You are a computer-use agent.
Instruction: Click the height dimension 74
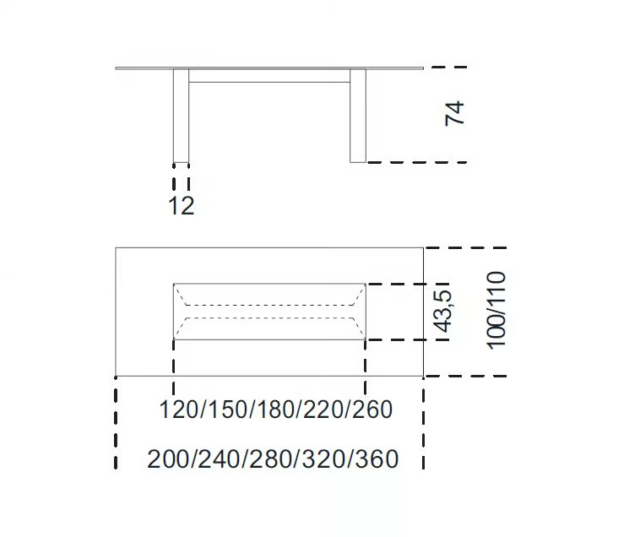454,113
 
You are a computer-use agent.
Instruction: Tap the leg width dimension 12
182,205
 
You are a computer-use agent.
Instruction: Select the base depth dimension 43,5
443,311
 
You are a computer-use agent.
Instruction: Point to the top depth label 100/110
496,311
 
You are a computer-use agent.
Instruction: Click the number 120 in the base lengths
179,410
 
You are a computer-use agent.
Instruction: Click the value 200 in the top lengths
168,458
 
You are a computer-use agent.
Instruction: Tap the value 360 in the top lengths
377,458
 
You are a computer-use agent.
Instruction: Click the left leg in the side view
182,116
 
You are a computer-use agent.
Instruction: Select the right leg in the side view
358,116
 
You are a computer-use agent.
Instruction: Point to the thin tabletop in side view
269,68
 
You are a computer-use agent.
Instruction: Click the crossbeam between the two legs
269,76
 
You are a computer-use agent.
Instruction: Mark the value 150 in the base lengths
227,410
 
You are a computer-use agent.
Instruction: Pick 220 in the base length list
323,410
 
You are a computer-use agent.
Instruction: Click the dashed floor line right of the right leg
417,162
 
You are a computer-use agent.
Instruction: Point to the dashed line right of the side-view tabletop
449,67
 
